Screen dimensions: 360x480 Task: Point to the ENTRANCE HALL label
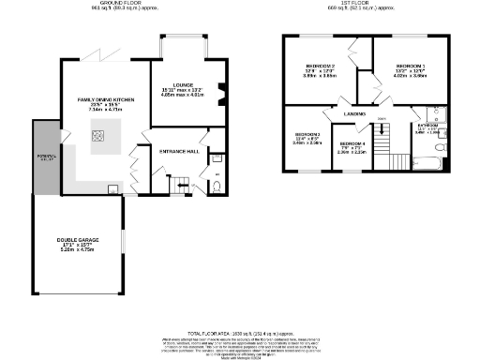point(178,150)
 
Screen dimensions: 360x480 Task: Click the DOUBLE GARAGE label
point(78,247)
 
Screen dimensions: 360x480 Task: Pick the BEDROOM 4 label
point(352,145)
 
